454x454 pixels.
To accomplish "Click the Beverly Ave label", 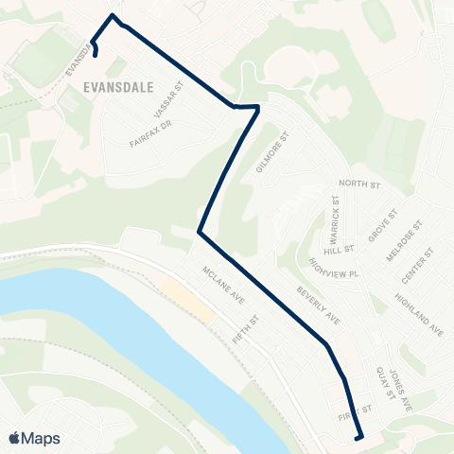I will (x=318, y=305).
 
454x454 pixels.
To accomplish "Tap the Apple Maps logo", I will (x=33, y=438).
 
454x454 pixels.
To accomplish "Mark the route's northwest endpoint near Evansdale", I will (x=96, y=54).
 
